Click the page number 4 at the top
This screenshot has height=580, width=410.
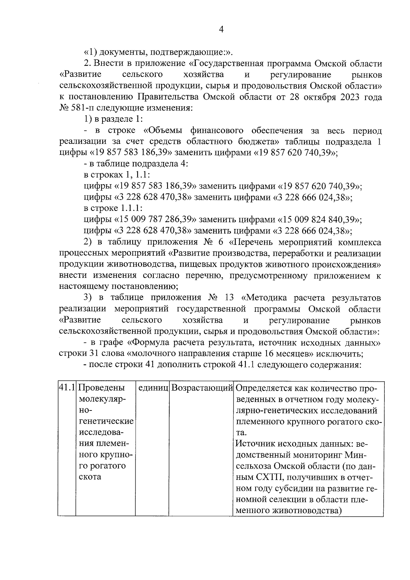click(221, 30)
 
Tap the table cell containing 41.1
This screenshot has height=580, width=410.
click(66, 388)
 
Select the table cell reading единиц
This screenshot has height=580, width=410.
click(152, 388)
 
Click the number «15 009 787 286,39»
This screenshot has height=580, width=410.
click(155, 219)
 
